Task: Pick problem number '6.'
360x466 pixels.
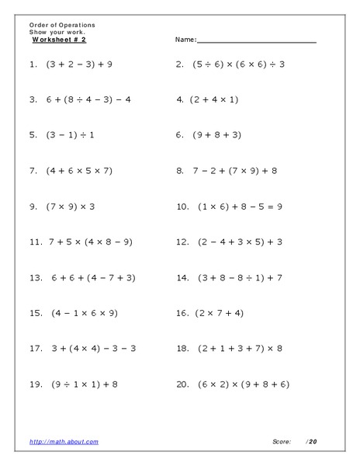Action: click(x=179, y=134)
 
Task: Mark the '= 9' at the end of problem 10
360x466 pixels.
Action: click(x=275, y=206)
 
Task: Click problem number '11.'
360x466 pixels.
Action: click(x=35, y=242)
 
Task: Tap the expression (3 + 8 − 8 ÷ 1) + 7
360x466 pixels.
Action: click(x=238, y=277)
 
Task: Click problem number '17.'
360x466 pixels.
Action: click(x=35, y=349)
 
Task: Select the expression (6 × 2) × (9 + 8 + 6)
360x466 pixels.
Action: click(x=240, y=384)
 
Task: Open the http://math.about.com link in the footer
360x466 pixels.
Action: click(x=64, y=442)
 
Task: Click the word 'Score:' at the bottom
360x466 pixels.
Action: click(x=282, y=442)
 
